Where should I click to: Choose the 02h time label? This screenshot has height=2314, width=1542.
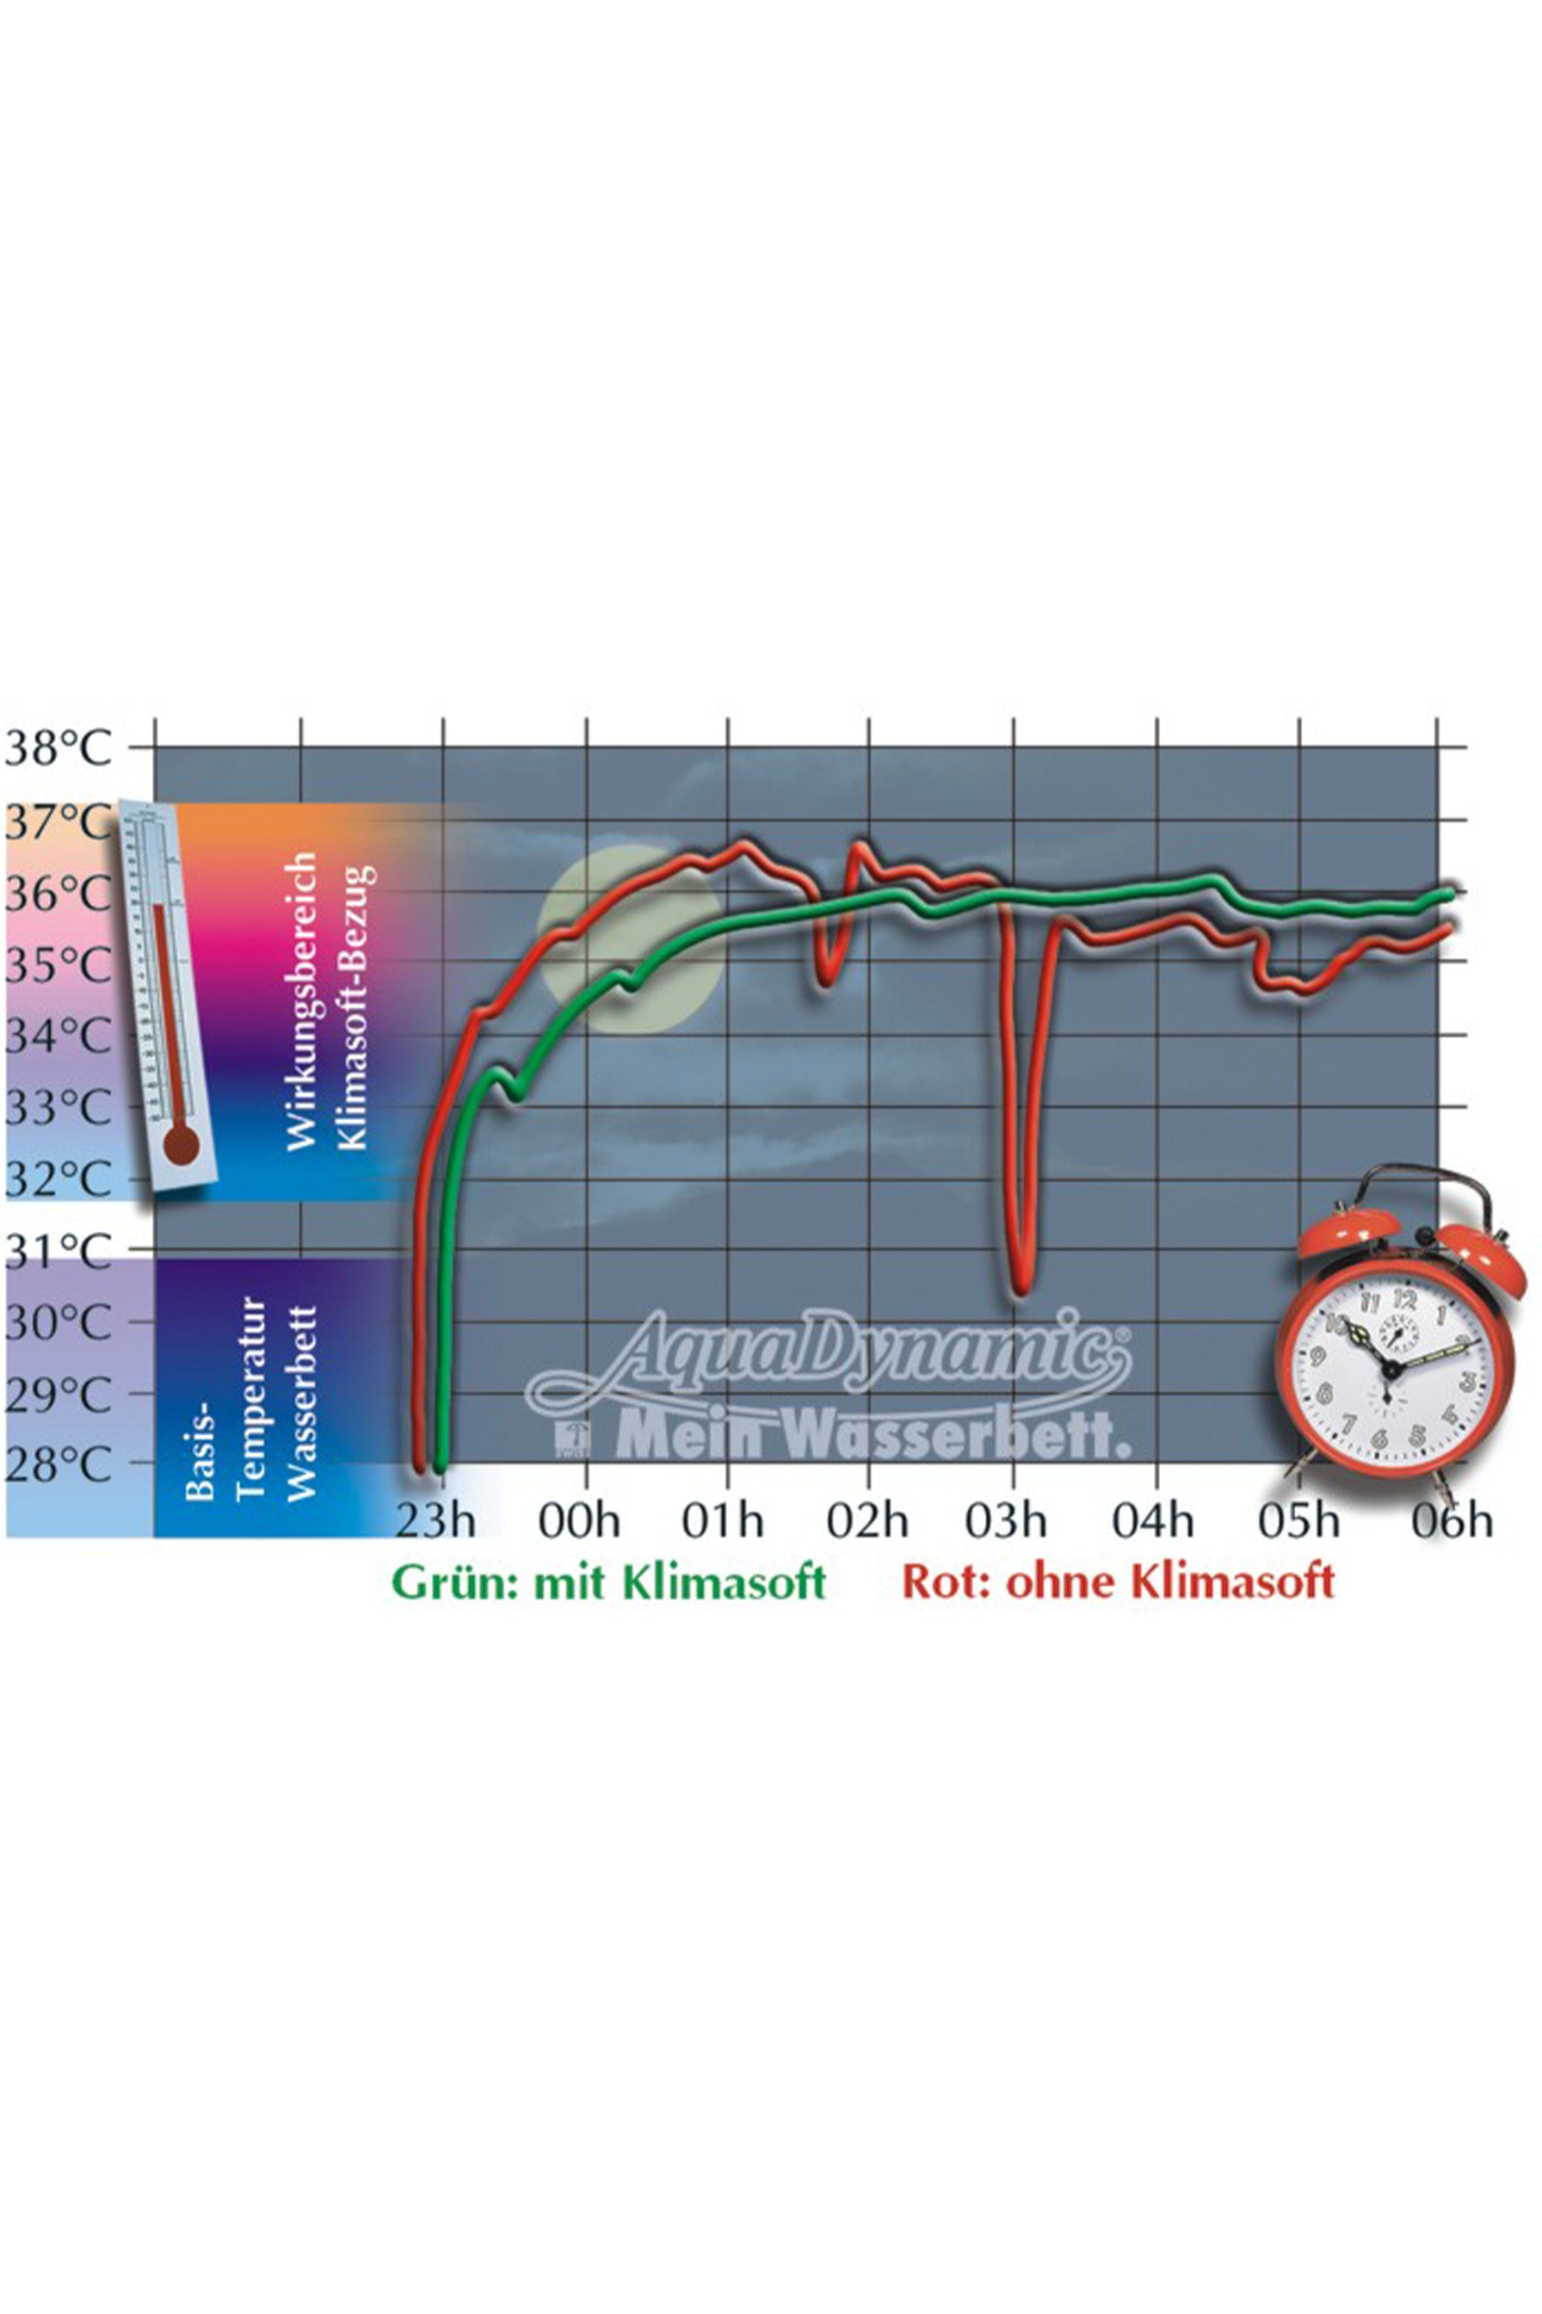click(x=867, y=1521)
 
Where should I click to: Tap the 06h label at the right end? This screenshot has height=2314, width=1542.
click(x=1452, y=1521)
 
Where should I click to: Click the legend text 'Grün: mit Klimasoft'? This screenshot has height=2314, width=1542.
click(x=608, y=1583)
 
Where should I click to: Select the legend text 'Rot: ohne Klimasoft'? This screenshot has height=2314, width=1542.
click(x=1118, y=1583)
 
